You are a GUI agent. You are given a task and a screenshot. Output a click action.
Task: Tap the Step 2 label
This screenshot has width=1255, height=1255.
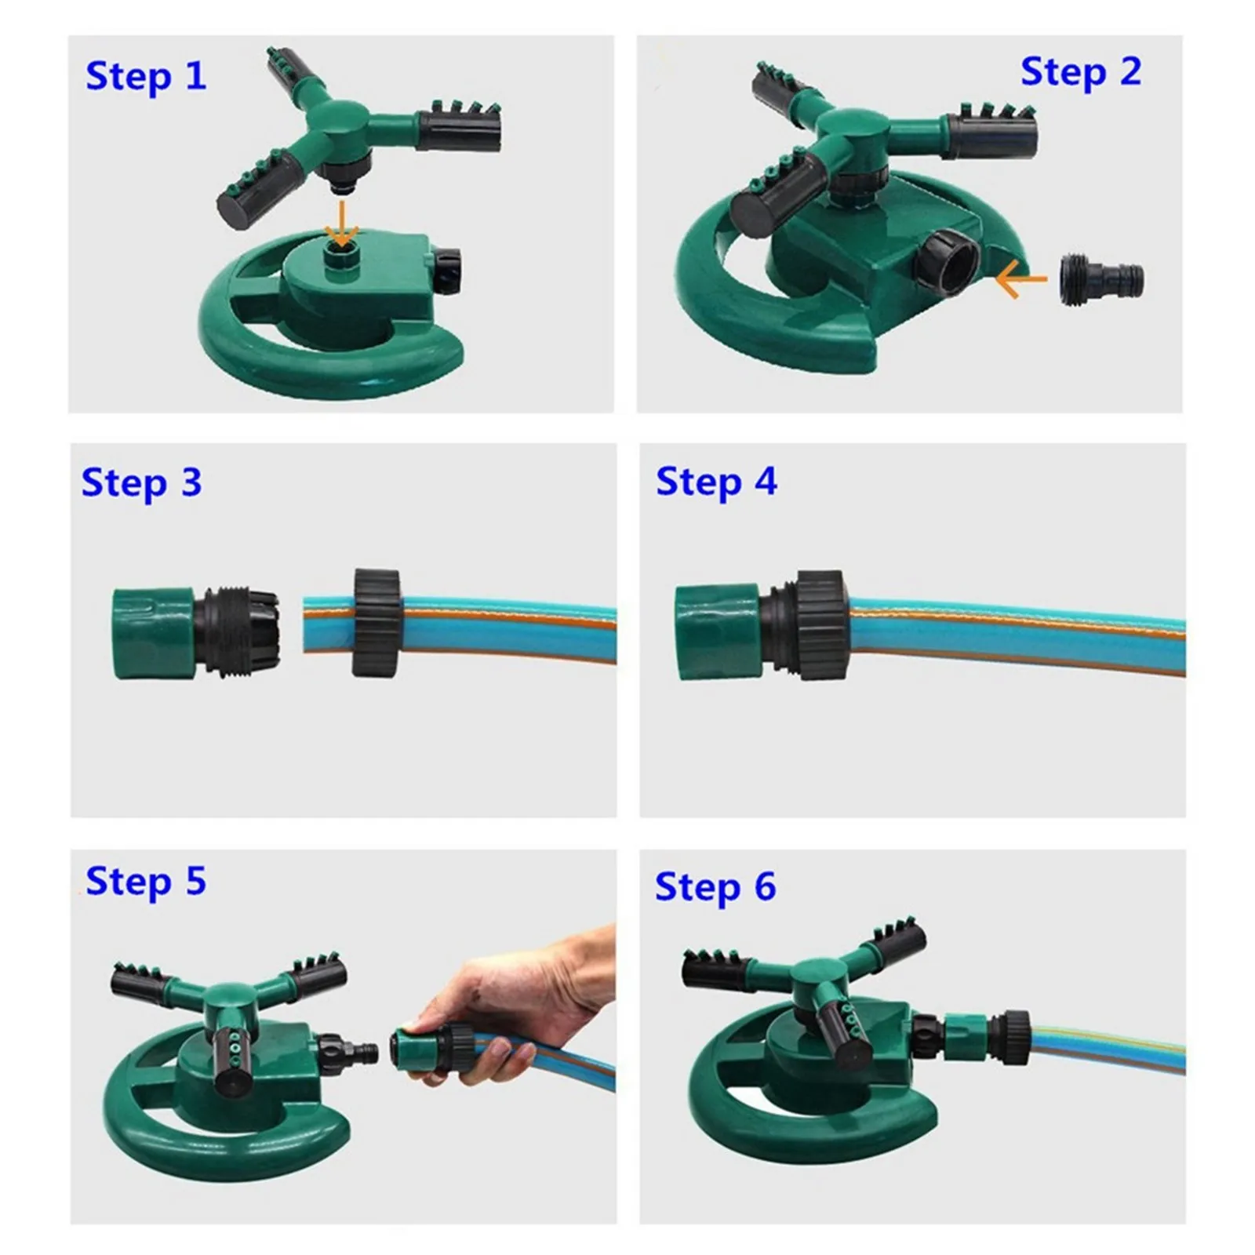1081,73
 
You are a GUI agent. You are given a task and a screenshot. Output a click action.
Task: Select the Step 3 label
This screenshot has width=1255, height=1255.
142,483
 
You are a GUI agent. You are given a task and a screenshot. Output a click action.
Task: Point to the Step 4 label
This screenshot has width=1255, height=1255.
716,482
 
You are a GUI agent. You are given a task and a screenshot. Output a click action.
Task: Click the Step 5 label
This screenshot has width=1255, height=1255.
146,882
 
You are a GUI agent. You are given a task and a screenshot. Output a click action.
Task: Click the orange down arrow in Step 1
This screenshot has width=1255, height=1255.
341,224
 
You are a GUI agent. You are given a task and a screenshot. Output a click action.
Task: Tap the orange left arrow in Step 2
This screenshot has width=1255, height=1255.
1021,279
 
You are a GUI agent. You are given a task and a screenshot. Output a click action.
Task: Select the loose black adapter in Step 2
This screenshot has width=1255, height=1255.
1101,278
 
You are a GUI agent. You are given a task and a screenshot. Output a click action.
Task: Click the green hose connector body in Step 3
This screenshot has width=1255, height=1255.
154,633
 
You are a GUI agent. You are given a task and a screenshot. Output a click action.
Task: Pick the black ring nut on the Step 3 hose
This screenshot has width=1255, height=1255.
377,623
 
